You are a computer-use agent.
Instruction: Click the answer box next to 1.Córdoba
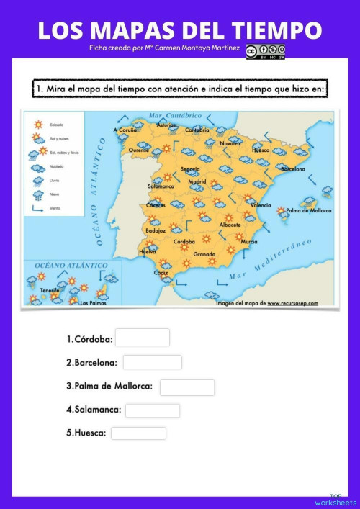pyautogui.click(x=142, y=338)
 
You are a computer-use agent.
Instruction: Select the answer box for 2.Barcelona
pyautogui.click(x=152, y=362)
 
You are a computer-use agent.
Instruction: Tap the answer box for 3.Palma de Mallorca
pyautogui.click(x=186, y=387)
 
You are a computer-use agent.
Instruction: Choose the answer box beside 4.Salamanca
pyautogui.click(x=152, y=410)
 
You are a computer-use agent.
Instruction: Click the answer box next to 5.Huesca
pyautogui.click(x=138, y=433)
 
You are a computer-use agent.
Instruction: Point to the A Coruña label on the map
pyautogui.click(x=125, y=130)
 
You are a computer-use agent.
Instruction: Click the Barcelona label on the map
pyautogui.click(x=292, y=169)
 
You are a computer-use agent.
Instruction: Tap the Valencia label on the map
pyautogui.click(x=260, y=205)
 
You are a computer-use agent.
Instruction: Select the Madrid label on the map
pyautogui.click(x=197, y=182)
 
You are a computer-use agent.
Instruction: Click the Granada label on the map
pyautogui.click(x=204, y=254)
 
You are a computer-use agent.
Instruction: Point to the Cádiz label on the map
pyautogui.click(x=161, y=273)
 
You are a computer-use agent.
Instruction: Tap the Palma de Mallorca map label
pyautogui.click(x=309, y=210)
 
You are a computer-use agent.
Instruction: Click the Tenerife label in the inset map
pyautogui.click(x=50, y=291)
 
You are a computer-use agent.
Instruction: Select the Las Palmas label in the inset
pyautogui.click(x=91, y=303)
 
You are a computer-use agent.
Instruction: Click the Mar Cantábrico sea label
pyautogui.click(x=174, y=115)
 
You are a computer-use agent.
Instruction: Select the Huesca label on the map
pyautogui.click(x=261, y=150)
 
